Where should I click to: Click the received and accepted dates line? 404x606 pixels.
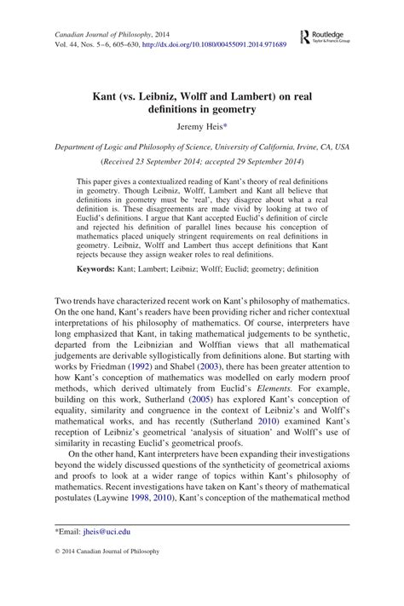coord(201,160)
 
